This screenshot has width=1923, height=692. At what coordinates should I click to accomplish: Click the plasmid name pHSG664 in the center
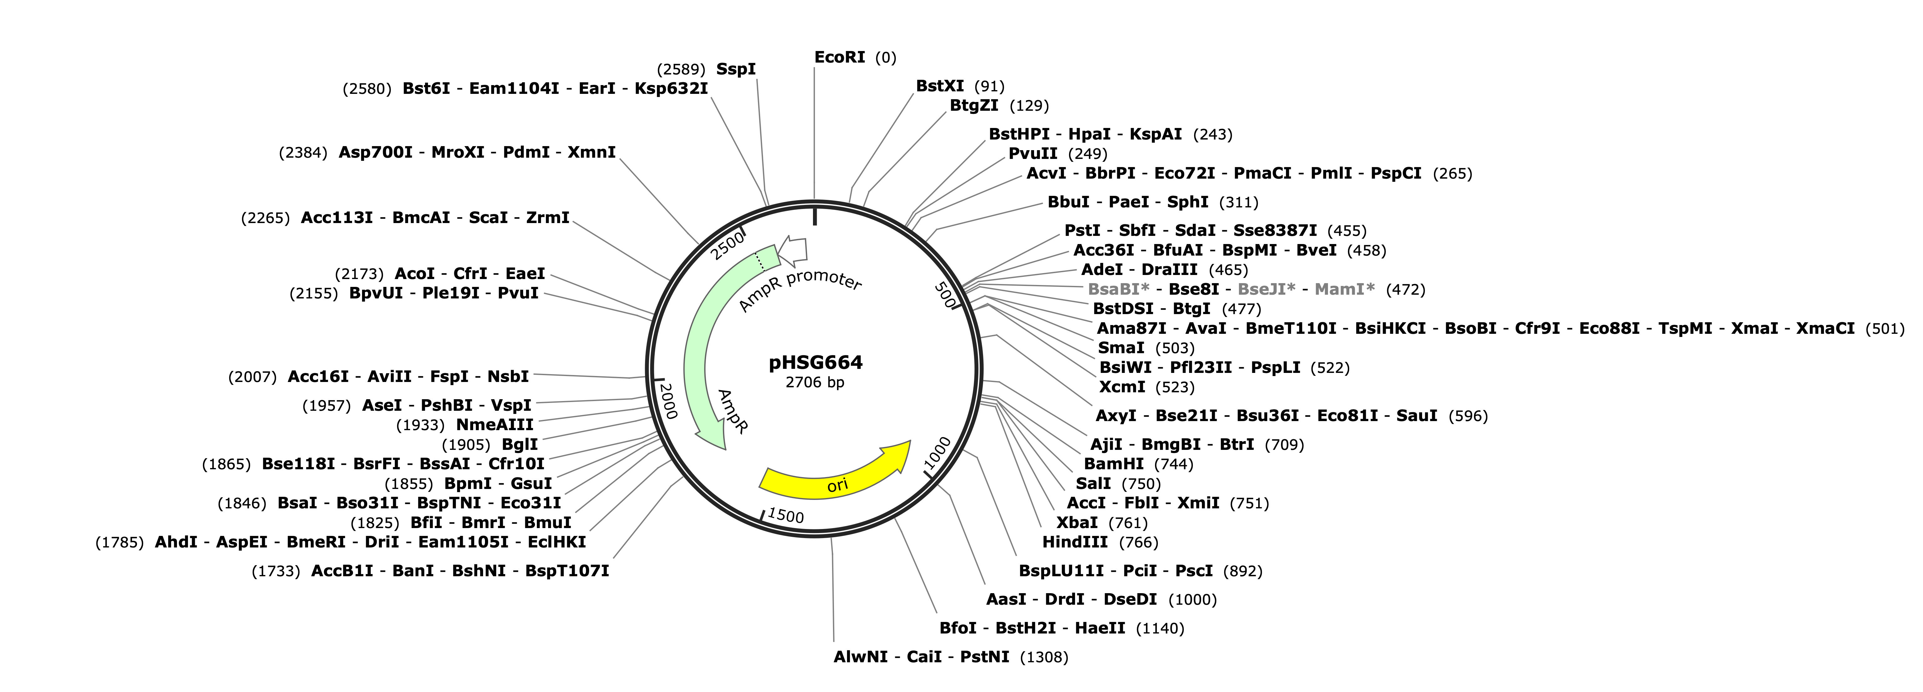coord(815,363)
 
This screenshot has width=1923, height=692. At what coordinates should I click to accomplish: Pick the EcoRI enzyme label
coord(840,58)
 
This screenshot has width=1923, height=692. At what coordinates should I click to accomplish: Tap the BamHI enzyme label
coord(1114,464)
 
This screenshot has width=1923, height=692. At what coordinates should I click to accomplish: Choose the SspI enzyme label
coord(736,69)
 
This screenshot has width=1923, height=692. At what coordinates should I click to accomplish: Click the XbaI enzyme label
coord(1077,522)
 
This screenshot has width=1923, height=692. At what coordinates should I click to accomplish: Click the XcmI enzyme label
coord(1122,387)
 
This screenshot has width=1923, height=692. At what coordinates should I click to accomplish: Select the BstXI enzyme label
coord(940,86)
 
